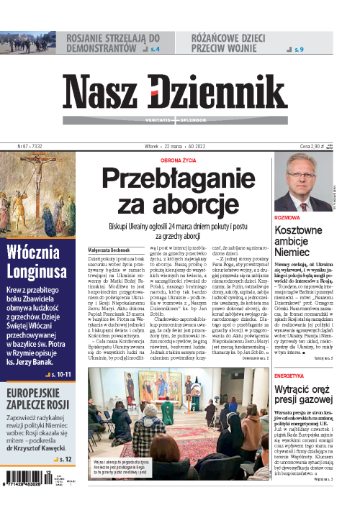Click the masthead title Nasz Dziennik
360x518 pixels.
(179, 92)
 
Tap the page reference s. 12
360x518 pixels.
(64, 458)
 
